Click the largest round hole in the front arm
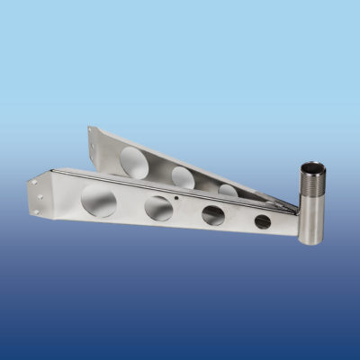tap(98, 201)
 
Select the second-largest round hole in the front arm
tap(158, 208)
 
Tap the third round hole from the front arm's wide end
tap(213, 215)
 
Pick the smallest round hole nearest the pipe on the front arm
tap(262, 220)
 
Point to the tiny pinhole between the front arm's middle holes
tap(177, 197)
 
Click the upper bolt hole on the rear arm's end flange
tap(90, 132)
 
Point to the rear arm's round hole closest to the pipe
tap(228, 190)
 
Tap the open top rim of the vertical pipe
tap(312, 166)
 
